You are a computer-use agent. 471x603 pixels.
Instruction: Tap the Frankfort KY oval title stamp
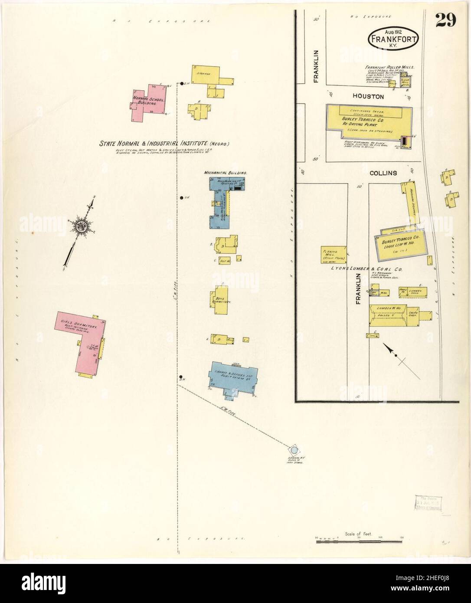point(393,39)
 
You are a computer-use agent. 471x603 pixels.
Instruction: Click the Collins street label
point(383,173)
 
